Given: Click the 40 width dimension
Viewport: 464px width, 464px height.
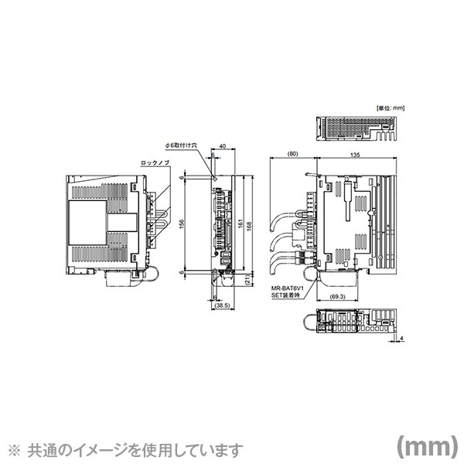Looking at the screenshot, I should coord(223,146).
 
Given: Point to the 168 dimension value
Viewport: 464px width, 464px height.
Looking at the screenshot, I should coord(249,224).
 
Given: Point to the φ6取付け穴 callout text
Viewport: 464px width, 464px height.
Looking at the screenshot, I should coord(181,145).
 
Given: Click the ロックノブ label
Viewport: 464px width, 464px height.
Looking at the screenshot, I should coord(155,163).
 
